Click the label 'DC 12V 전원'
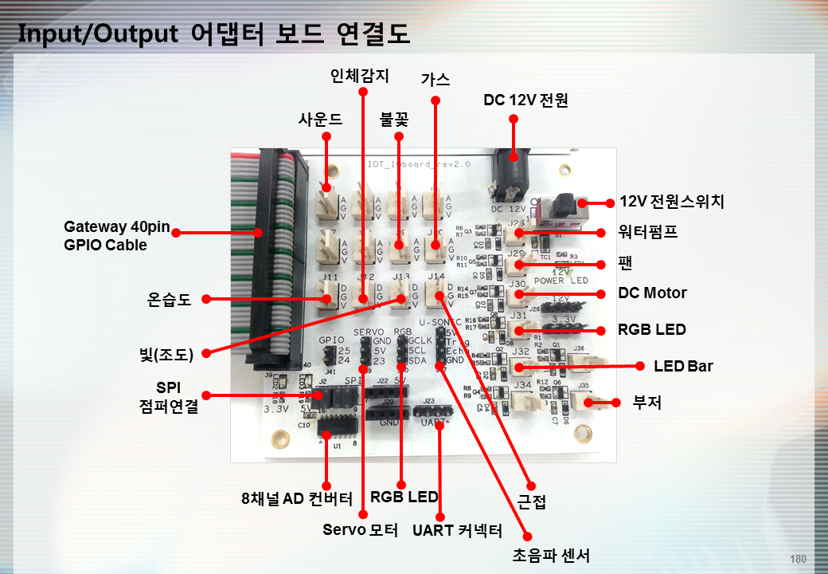click(x=525, y=100)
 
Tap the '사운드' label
click(x=320, y=120)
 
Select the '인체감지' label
click(x=360, y=76)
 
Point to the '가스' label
click(x=435, y=79)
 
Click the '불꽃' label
click(x=394, y=120)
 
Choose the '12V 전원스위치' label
click(x=672, y=202)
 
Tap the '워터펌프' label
click(x=647, y=233)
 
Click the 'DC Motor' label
click(x=652, y=293)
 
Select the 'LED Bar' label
click(x=683, y=366)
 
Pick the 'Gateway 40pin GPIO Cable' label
click(x=116, y=236)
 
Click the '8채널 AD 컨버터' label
click(x=296, y=500)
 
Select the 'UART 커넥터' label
click(x=457, y=530)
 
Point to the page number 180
click(x=798, y=558)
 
